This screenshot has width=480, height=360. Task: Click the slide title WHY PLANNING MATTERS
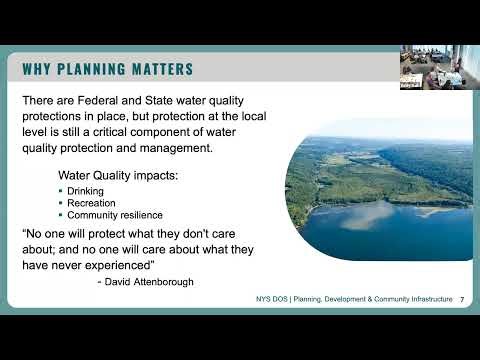(x=108, y=69)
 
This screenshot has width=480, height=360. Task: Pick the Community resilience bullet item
(x=115, y=215)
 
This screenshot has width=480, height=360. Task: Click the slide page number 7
(x=461, y=300)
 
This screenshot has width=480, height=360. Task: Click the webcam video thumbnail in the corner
(x=439, y=66)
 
